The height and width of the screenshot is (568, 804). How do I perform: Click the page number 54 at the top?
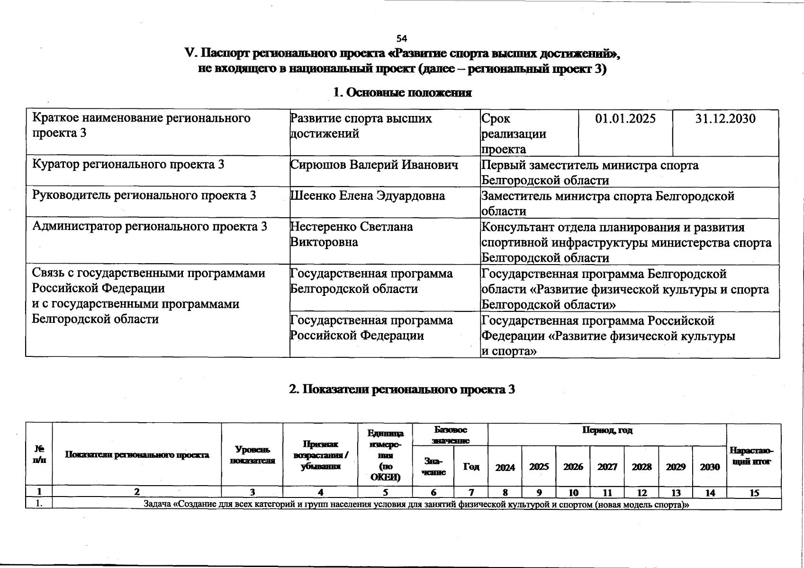point(402,38)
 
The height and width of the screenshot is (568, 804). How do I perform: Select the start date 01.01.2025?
point(625,118)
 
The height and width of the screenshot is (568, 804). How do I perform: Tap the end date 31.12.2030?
point(725,118)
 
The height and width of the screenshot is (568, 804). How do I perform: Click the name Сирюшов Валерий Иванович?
point(374,165)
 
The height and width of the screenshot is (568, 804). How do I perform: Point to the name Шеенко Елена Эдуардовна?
point(368,196)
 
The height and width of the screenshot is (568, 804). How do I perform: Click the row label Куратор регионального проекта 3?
point(128,165)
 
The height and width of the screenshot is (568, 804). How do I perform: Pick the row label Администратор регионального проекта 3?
point(150,227)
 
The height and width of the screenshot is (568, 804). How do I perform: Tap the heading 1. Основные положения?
point(402,92)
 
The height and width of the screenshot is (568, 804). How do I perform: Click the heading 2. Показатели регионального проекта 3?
point(402,389)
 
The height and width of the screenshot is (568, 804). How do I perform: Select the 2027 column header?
point(607,467)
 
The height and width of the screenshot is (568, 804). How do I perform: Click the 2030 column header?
point(709,467)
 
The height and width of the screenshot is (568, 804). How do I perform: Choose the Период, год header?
point(607,431)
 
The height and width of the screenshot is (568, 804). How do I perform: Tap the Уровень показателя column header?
point(252,455)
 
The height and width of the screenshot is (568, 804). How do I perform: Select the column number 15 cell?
point(754,493)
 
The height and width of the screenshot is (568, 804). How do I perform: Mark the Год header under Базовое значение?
point(471,467)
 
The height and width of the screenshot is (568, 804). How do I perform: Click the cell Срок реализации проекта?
point(514,134)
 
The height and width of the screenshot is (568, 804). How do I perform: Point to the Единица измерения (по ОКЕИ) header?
point(386,455)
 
